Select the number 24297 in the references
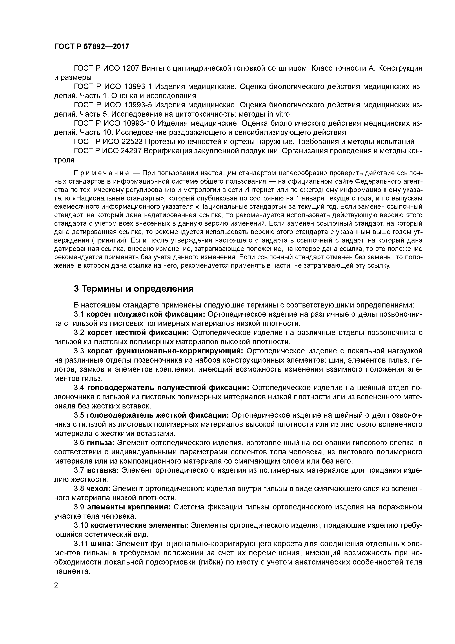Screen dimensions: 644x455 (132, 151)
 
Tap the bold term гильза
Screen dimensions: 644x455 (100, 443)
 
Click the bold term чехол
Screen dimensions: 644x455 (98, 489)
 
